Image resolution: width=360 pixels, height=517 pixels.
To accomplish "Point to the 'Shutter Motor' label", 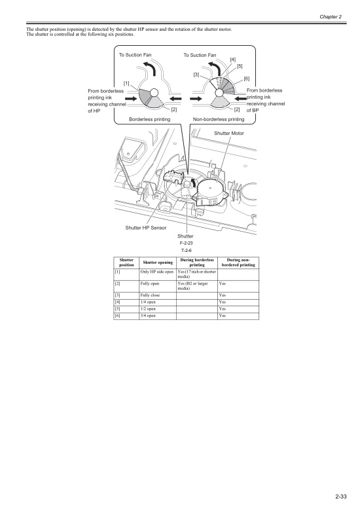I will (228, 133).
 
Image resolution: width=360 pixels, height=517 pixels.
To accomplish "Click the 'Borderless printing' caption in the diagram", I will (150, 120).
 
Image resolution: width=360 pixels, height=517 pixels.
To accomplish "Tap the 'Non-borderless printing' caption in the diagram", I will (218, 120).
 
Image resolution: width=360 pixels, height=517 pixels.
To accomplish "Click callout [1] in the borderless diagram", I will (126, 83).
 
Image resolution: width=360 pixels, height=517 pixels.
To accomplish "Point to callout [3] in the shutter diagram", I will (196, 75).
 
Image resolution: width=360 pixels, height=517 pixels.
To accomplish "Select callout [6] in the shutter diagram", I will (246, 79).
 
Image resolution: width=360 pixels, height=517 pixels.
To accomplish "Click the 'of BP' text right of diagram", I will (253, 111).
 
